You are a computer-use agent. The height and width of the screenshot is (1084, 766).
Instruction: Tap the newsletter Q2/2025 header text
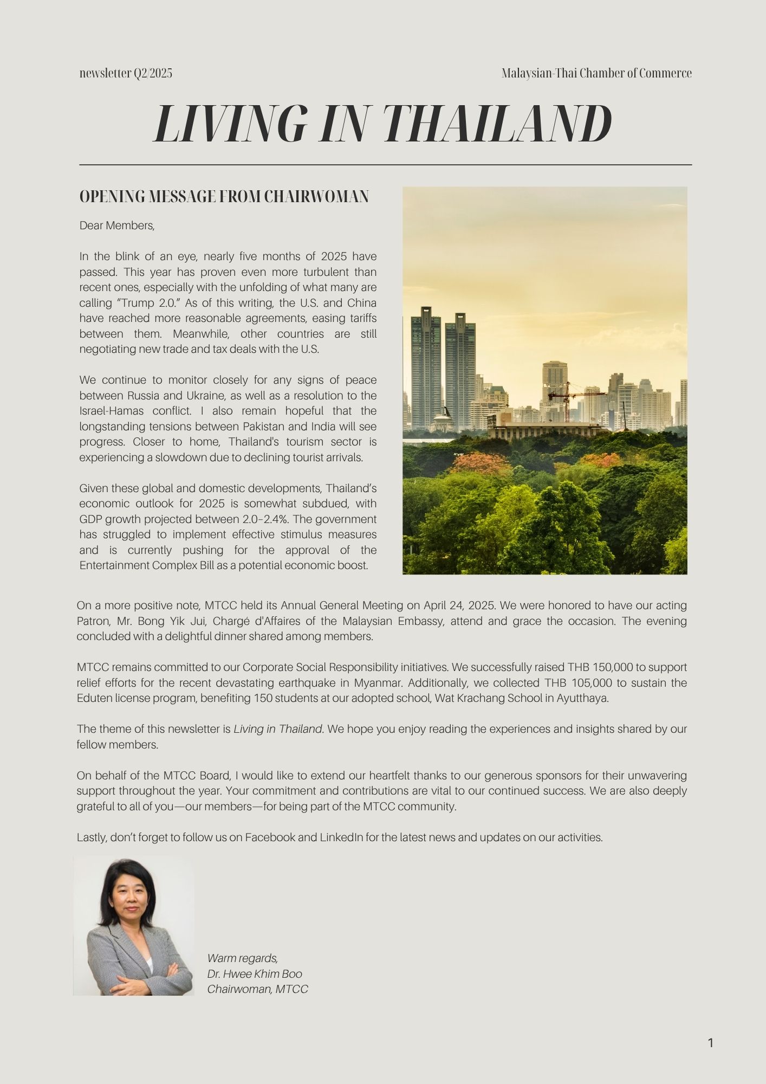click(126, 73)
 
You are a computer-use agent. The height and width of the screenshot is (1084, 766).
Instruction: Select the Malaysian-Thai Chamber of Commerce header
click(596, 73)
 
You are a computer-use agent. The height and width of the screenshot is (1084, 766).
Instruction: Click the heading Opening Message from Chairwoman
click(224, 196)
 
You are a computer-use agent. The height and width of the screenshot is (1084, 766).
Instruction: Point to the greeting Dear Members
click(117, 225)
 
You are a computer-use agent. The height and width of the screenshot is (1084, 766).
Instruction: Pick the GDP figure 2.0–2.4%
click(260, 519)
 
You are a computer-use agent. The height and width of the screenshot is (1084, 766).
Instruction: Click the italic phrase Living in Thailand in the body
click(278, 729)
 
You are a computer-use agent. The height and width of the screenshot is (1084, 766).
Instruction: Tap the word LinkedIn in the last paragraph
click(341, 837)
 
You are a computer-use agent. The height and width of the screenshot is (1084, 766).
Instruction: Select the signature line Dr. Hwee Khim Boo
click(255, 974)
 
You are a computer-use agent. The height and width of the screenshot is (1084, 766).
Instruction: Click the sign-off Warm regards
click(242, 958)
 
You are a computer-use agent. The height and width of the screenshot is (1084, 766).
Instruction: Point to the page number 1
click(710, 1042)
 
